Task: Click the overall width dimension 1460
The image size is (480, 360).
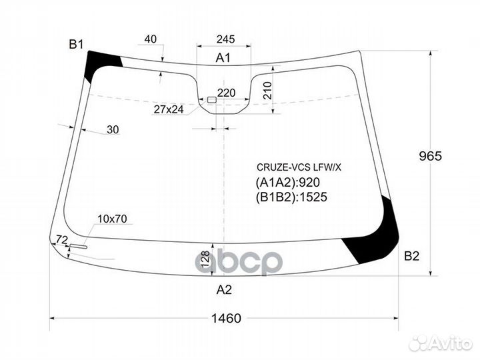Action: click(227, 319)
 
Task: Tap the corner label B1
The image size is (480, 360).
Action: click(76, 45)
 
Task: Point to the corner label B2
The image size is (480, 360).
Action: click(411, 255)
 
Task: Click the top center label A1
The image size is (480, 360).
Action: click(223, 58)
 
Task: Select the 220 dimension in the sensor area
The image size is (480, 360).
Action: click(227, 93)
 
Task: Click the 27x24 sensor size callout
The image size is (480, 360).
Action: click(169, 109)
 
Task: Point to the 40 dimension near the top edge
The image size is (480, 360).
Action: click(150, 39)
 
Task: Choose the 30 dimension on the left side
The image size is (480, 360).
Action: click(113, 130)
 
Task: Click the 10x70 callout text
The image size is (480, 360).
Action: click(113, 219)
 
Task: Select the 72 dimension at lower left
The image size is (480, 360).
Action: click(62, 239)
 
